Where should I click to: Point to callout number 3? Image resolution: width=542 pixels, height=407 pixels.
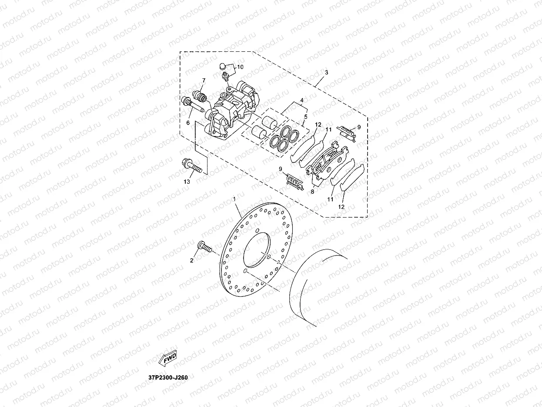click(x=326, y=72)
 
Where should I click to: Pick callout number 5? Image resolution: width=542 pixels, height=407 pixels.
click(x=305, y=117)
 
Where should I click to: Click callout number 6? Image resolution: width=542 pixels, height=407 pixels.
click(x=188, y=123)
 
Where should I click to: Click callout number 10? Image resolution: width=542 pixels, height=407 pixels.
click(x=240, y=67)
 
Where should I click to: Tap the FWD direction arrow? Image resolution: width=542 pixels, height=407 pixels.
click(x=168, y=358)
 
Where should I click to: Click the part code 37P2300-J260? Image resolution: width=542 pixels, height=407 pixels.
click(x=167, y=377)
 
